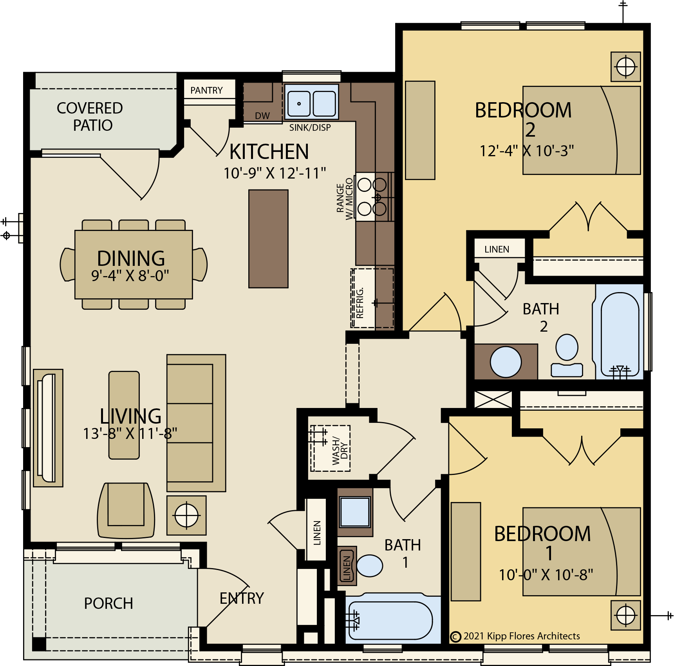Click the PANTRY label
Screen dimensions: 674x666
tap(206, 90)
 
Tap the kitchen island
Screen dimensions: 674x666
tap(268, 239)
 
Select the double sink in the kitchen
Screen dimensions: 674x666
tap(311, 102)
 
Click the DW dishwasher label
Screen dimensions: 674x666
tap(262, 116)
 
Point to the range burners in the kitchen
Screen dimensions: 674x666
tap(372, 197)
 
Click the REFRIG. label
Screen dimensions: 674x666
tap(360, 302)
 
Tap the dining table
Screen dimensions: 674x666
tap(134, 265)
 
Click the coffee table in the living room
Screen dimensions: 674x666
tap(124, 415)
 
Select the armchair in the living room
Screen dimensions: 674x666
tap(126, 510)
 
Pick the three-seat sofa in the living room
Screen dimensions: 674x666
tap(196, 423)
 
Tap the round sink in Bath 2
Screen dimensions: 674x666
tap(506, 362)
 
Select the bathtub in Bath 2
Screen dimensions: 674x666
tap(620, 333)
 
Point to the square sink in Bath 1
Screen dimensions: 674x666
tap(355, 512)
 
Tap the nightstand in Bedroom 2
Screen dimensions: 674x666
tap(626, 67)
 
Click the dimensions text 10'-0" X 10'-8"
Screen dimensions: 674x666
tap(546, 575)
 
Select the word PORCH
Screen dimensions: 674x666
tap(108, 603)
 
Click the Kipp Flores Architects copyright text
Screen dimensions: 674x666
tap(515, 636)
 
